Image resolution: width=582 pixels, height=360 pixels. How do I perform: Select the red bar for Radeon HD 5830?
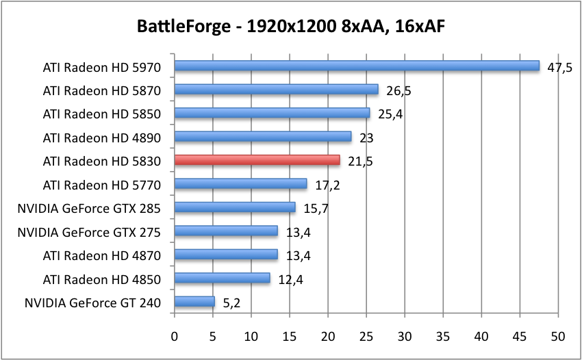(x=257, y=160)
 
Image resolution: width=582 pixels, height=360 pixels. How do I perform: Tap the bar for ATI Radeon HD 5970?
(x=357, y=66)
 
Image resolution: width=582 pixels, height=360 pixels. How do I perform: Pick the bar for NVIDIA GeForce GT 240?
(x=194, y=301)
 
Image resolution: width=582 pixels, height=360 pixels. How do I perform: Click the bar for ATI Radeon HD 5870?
(x=276, y=90)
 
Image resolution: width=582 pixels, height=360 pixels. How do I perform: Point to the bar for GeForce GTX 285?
(x=235, y=207)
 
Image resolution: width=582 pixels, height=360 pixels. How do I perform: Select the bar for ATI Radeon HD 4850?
(x=222, y=278)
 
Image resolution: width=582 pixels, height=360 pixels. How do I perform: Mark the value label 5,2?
(x=231, y=303)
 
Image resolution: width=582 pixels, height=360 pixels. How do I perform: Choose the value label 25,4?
(x=390, y=114)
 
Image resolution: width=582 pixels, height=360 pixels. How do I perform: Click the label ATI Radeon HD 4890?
(x=101, y=138)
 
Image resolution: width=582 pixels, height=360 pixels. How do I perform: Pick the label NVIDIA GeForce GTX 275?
(x=89, y=232)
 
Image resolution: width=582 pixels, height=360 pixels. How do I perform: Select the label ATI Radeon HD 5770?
(x=101, y=185)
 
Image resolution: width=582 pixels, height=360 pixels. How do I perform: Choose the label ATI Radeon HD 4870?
(x=101, y=255)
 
